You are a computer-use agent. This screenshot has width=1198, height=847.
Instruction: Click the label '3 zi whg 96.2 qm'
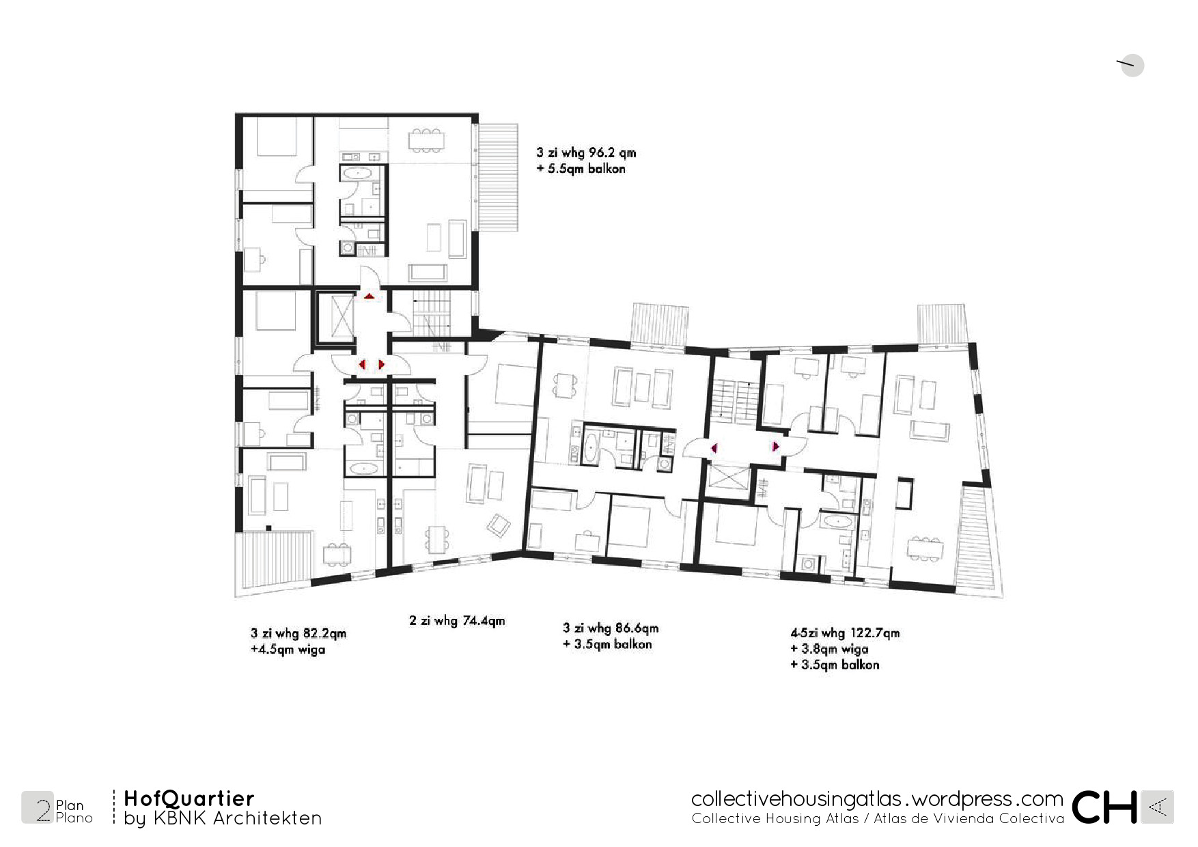[x=586, y=152]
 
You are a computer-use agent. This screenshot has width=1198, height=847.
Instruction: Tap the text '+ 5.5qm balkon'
[x=581, y=169]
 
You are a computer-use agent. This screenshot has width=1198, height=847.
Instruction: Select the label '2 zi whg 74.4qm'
[x=457, y=620]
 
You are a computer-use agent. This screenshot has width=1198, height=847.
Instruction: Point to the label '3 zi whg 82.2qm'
[x=298, y=633]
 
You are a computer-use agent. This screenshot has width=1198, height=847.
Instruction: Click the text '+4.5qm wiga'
[x=288, y=649]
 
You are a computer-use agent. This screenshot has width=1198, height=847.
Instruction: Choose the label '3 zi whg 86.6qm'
[x=611, y=628]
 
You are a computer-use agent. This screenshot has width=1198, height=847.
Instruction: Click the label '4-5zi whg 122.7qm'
[x=845, y=633]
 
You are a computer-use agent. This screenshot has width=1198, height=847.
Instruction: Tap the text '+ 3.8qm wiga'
[x=829, y=649]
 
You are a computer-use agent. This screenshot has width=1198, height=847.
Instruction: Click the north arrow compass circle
[x=1132, y=65]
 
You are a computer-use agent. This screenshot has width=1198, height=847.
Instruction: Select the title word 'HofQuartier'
[x=189, y=799]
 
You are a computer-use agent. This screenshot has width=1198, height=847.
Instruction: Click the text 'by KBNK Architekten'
[x=223, y=818]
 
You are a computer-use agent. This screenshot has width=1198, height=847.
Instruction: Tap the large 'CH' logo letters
[x=1104, y=807]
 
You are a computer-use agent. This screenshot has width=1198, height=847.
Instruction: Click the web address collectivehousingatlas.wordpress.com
[x=877, y=799]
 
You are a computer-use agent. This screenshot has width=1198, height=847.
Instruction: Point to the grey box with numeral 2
[x=38, y=807]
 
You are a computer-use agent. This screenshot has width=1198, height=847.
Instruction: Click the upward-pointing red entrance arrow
[x=369, y=296]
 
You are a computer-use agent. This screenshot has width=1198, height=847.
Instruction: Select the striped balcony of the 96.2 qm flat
[x=497, y=178]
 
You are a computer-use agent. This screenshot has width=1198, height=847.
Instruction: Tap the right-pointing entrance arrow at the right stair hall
[x=775, y=447]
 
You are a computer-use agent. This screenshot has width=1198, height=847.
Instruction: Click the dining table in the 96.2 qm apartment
[x=426, y=139]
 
